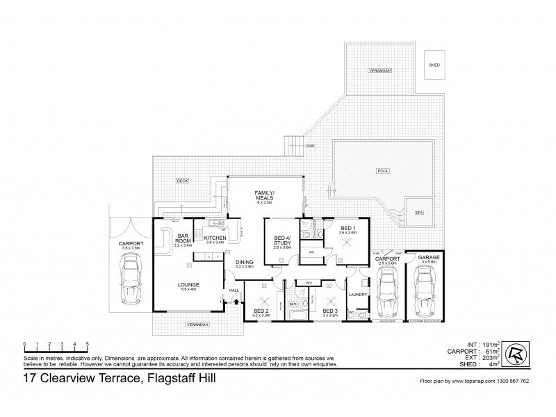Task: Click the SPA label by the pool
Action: [x=419, y=213]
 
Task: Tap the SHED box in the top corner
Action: [x=434, y=65]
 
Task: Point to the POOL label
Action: [x=382, y=170]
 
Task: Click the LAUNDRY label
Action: [x=359, y=294]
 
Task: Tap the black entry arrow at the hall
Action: [x=236, y=302]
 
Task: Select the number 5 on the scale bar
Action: [x=87, y=343]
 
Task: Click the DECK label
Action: [x=182, y=181]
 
